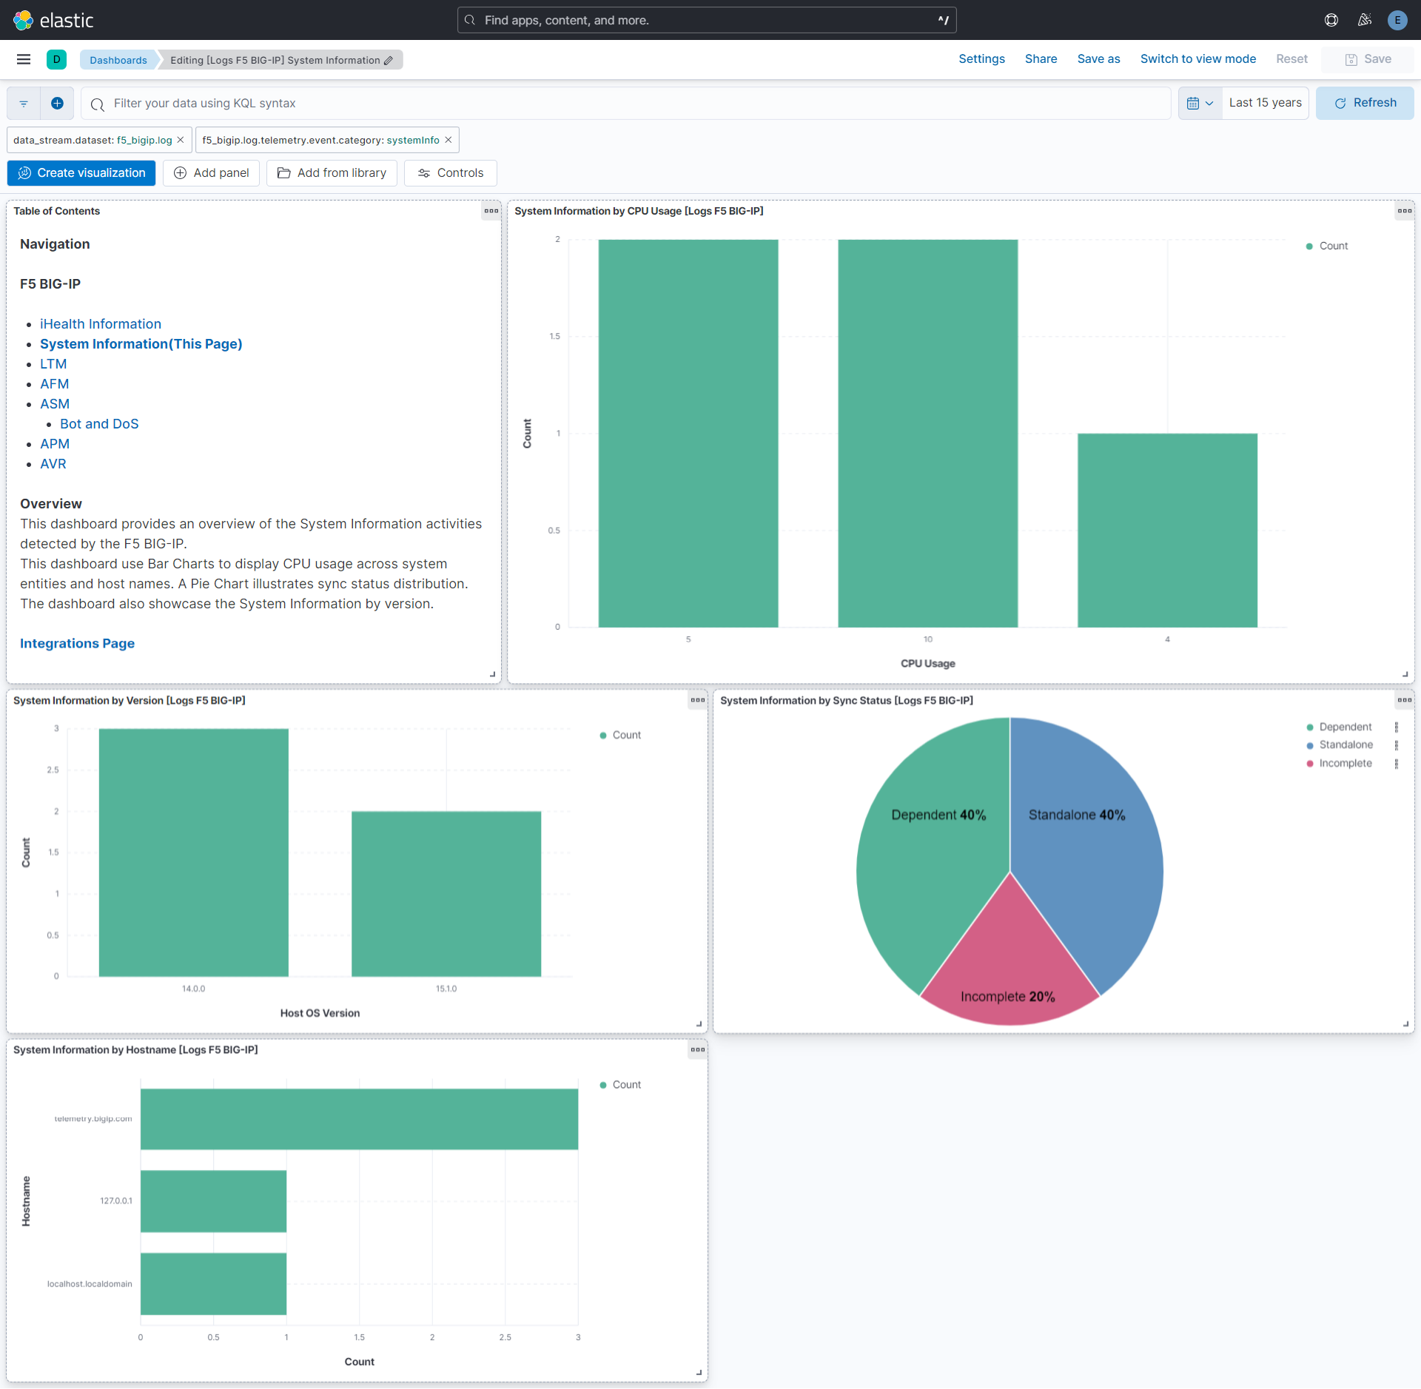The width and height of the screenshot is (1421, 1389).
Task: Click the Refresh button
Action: click(x=1365, y=103)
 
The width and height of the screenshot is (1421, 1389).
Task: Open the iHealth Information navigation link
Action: click(x=100, y=324)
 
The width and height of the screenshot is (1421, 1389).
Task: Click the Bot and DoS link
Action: click(x=99, y=424)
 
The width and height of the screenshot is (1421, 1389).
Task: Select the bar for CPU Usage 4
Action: click(x=1167, y=530)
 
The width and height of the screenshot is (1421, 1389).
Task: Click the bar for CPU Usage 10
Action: click(x=927, y=433)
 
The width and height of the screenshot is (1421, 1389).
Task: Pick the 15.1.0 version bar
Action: click(x=446, y=893)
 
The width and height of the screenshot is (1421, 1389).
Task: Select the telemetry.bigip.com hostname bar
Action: click(x=359, y=1118)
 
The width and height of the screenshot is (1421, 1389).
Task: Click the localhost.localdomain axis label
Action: click(x=90, y=1284)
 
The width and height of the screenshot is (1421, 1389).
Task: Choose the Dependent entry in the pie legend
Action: click(x=1345, y=727)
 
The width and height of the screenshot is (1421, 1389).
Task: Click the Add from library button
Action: click(x=332, y=173)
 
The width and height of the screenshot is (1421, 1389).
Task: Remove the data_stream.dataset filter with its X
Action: click(x=180, y=140)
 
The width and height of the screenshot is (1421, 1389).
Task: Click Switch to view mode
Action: click(x=1197, y=59)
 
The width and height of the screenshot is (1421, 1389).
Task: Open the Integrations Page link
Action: click(x=77, y=644)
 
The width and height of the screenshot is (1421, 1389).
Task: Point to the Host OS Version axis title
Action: click(x=320, y=1013)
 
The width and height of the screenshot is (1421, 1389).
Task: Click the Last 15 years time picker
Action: click(x=1265, y=103)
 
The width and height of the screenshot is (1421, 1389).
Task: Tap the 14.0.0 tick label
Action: click(x=193, y=989)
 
